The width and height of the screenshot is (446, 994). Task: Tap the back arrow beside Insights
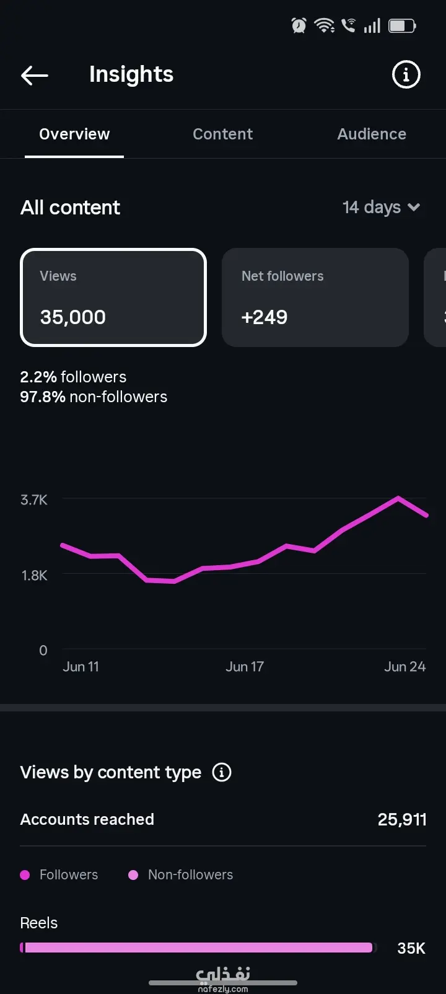(x=35, y=76)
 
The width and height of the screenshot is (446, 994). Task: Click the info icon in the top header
(x=406, y=74)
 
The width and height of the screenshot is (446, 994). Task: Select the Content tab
(x=223, y=134)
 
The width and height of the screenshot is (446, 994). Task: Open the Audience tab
(x=372, y=134)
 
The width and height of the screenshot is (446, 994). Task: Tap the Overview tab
(x=74, y=134)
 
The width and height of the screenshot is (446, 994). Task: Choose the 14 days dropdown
(x=381, y=207)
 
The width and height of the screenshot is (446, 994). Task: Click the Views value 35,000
(x=72, y=317)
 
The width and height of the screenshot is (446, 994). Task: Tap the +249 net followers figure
(x=265, y=317)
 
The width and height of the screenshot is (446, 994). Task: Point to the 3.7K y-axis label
(x=33, y=500)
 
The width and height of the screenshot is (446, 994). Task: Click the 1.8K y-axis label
(x=34, y=576)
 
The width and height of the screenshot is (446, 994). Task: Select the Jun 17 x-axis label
(x=245, y=667)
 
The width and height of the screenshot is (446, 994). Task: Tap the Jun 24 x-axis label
(x=404, y=667)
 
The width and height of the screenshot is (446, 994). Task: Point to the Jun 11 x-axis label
(x=81, y=667)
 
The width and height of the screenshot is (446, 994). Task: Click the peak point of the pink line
(x=398, y=498)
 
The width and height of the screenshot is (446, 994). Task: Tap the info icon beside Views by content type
(x=222, y=772)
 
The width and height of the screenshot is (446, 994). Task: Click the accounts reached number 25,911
(x=402, y=820)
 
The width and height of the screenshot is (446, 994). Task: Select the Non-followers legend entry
(x=181, y=874)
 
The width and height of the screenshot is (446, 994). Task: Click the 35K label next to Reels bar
(x=411, y=948)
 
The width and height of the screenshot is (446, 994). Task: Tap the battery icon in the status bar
(x=402, y=26)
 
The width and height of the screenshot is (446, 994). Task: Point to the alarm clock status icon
(x=299, y=26)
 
